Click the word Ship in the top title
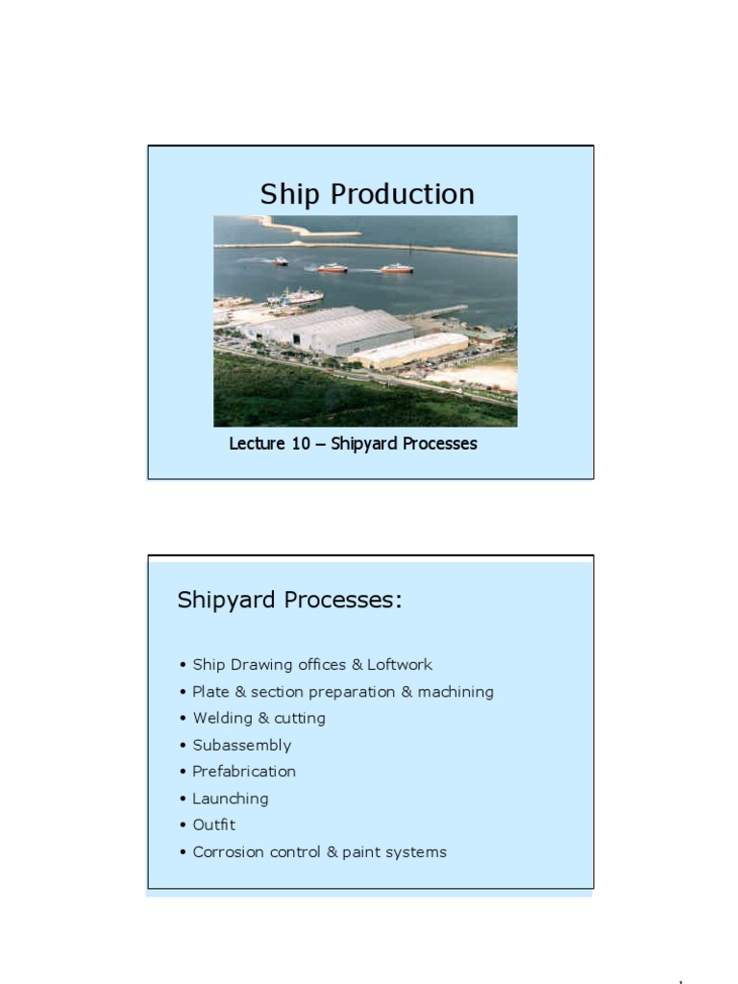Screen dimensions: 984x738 (291, 195)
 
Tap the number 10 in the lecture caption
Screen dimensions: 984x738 (300, 444)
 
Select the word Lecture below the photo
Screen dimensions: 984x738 (256, 444)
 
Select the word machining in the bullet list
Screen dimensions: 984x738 (455, 692)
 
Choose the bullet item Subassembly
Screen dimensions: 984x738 (241, 745)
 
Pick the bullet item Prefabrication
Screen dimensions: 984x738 (244, 772)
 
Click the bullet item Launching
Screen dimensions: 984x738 (230, 799)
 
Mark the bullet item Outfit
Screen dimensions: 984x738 (213, 824)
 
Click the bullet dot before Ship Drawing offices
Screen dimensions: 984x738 (183, 665)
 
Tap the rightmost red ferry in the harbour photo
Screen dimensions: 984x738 (396, 269)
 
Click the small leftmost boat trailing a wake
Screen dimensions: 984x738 (280, 261)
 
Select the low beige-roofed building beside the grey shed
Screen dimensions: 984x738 (408, 350)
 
